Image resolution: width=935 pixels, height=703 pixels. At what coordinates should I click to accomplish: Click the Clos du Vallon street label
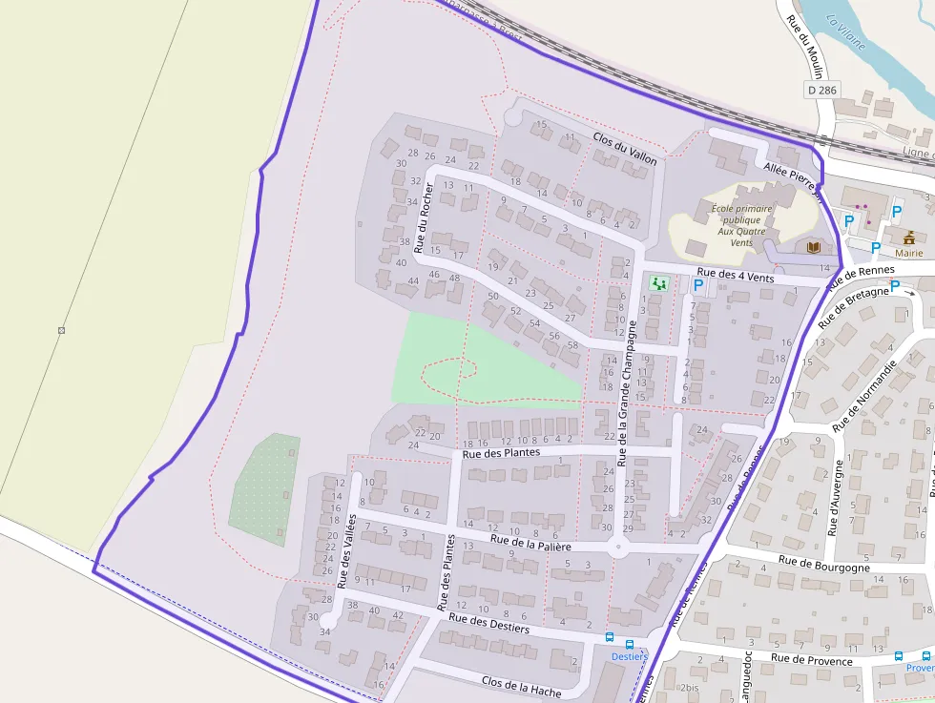pos(625,150)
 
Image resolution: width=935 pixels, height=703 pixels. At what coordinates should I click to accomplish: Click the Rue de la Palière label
pos(530,544)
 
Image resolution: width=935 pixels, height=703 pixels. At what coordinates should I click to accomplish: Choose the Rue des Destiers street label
pos(488,622)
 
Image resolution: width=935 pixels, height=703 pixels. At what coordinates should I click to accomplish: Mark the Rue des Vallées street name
pos(345,550)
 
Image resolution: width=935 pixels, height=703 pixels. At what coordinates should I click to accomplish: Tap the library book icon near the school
pos(813,247)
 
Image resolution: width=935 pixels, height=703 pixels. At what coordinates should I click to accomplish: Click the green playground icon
pos(658,282)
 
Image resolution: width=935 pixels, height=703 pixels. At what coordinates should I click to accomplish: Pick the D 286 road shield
pos(821,90)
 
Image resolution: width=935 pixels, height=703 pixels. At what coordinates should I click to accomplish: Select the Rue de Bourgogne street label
pos(823,566)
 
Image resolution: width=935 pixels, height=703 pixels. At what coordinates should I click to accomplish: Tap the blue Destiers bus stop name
pos(629,656)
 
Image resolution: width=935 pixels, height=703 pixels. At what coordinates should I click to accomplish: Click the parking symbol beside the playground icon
pos(698,284)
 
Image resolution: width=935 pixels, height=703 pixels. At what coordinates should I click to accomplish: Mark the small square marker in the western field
pos(61,330)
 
